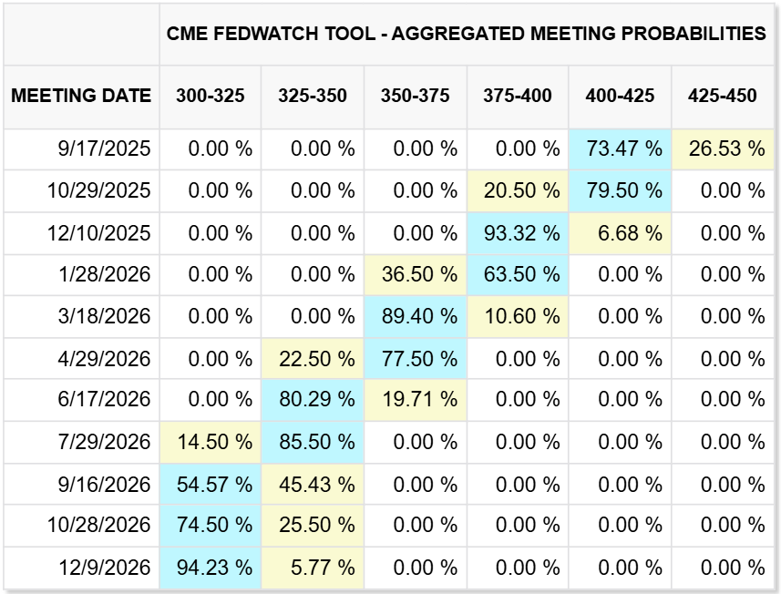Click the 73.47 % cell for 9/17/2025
point(624,148)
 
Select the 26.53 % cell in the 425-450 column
point(726,148)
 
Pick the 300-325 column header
point(210,96)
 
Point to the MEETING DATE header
point(81,96)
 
